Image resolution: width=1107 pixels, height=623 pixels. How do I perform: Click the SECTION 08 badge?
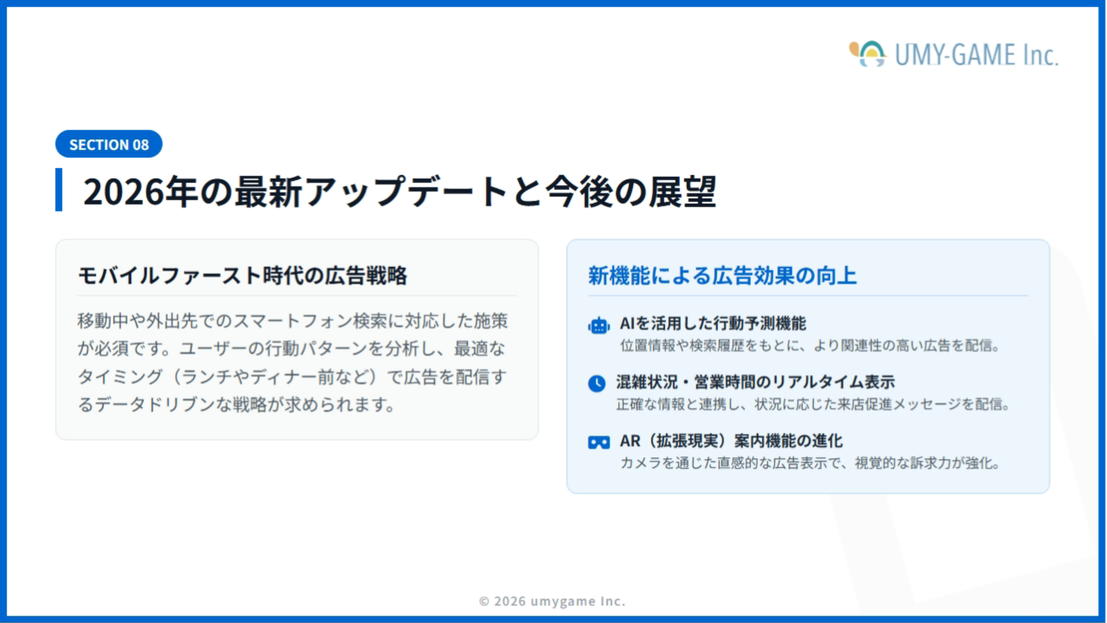[109, 144]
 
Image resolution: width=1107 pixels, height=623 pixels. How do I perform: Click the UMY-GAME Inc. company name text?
[976, 55]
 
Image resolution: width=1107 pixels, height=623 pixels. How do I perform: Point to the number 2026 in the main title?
[124, 192]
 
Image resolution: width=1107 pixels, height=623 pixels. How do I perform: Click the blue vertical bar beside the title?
[59, 189]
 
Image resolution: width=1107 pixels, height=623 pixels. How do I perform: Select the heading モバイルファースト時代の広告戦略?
[243, 276]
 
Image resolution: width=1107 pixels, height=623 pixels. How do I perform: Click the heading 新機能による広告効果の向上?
[722, 276]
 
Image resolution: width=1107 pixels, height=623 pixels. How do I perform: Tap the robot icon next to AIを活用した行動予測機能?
[599, 325]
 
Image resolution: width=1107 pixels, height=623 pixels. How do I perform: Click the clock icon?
[597, 383]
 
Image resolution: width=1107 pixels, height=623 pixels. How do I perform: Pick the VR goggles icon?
[599, 442]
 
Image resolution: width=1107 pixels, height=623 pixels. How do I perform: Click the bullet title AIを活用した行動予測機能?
[713, 324]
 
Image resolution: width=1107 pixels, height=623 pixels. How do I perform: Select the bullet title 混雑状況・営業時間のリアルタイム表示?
[755, 382]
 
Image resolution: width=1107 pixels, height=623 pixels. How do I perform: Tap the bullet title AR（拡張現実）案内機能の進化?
[731, 441]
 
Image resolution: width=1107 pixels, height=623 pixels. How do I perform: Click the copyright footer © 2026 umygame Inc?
[552, 601]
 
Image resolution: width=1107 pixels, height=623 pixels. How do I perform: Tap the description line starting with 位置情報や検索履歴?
[810, 346]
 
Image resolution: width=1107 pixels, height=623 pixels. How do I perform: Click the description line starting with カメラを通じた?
[810, 463]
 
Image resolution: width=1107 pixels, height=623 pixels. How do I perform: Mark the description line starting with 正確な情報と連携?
[813, 405]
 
